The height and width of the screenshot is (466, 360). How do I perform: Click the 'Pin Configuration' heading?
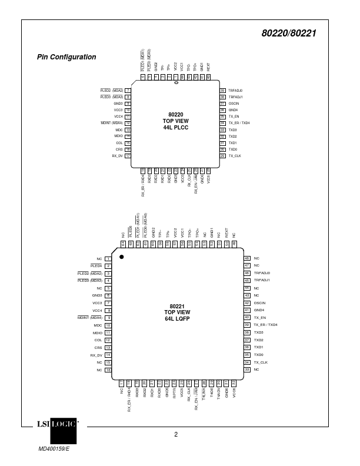coord(66,57)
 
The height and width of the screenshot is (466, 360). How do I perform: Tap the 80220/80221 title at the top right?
coord(288,34)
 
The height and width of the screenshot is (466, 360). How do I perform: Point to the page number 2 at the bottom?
coord(176,435)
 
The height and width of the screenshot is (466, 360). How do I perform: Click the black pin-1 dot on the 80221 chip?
coord(122,257)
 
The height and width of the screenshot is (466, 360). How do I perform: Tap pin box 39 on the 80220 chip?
coord(223,90)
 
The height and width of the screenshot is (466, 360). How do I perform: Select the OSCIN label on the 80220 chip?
coord(234,104)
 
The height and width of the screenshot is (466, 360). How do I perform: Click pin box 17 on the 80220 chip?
coord(127,156)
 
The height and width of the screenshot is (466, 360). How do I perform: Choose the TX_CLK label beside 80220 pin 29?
coord(235,156)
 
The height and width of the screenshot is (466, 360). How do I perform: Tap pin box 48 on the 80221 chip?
coord(247,258)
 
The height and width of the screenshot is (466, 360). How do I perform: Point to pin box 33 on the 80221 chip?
coord(247,369)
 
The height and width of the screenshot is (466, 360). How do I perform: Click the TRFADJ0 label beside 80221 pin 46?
coord(262,273)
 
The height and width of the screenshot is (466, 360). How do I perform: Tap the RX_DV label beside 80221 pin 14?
coord(96,355)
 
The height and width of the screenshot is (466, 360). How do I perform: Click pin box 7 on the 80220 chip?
coord(127,90)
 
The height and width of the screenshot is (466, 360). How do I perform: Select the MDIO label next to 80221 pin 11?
coord(98,332)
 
